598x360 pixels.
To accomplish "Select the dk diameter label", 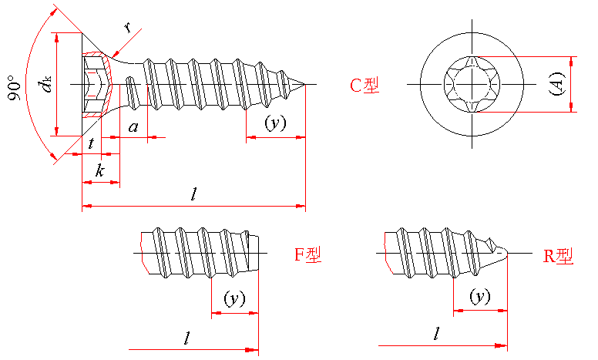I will pos(48,83).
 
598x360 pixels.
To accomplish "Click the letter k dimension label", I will pos(99,170).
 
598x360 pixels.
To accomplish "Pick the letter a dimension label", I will pos(133,127).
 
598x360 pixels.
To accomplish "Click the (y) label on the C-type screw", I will pos(274,123).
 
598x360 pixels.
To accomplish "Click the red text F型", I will pos(307,254).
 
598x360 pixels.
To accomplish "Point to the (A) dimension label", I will pos(557,83).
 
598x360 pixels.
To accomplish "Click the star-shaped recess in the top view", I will pos(471,83).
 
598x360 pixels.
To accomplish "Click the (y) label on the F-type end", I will pos(233,298).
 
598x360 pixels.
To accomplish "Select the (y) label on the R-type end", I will pos(480,296).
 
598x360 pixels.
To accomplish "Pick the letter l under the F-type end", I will pos(187,337).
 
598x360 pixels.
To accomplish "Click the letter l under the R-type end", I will pos(437,333).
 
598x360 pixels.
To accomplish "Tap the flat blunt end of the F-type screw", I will pos(256,252).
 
